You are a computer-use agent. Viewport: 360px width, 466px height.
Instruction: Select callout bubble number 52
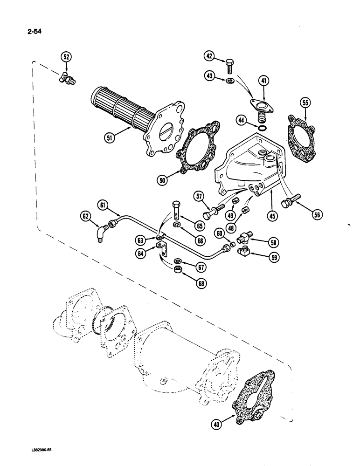click(x=67, y=57)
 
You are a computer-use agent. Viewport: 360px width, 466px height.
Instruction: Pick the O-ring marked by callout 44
click(x=263, y=128)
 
